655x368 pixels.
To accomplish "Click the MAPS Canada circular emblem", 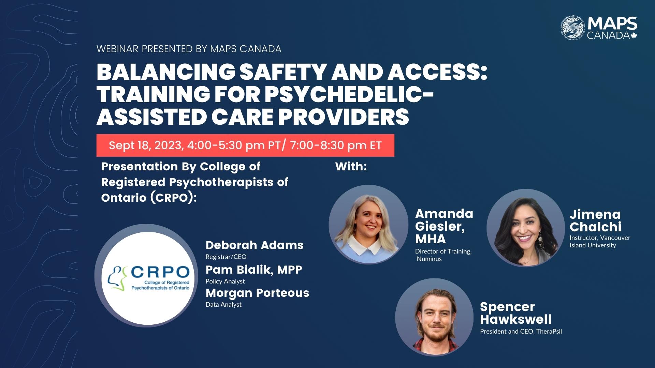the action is point(573,27).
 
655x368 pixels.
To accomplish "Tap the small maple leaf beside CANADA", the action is point(634,35).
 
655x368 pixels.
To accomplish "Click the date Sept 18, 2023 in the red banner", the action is point(146,145).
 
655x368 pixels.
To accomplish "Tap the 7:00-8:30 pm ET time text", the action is point(336,145).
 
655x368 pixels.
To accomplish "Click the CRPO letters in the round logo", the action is point(160,272).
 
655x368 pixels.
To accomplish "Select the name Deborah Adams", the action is point(254,245).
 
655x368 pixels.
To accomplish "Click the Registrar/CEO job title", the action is point(226,257).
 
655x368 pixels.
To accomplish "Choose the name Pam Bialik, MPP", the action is point(254,270).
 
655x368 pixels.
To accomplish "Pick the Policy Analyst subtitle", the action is point(225,281).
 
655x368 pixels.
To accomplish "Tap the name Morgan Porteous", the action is point(257,293).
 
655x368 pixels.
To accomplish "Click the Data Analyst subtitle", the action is point(223,305).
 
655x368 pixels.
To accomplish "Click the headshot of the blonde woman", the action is point(368,225).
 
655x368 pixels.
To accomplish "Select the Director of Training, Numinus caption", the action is point(443,255).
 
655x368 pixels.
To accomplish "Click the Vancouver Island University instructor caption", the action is point(600,241).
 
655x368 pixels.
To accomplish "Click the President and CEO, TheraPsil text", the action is point(521,332).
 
